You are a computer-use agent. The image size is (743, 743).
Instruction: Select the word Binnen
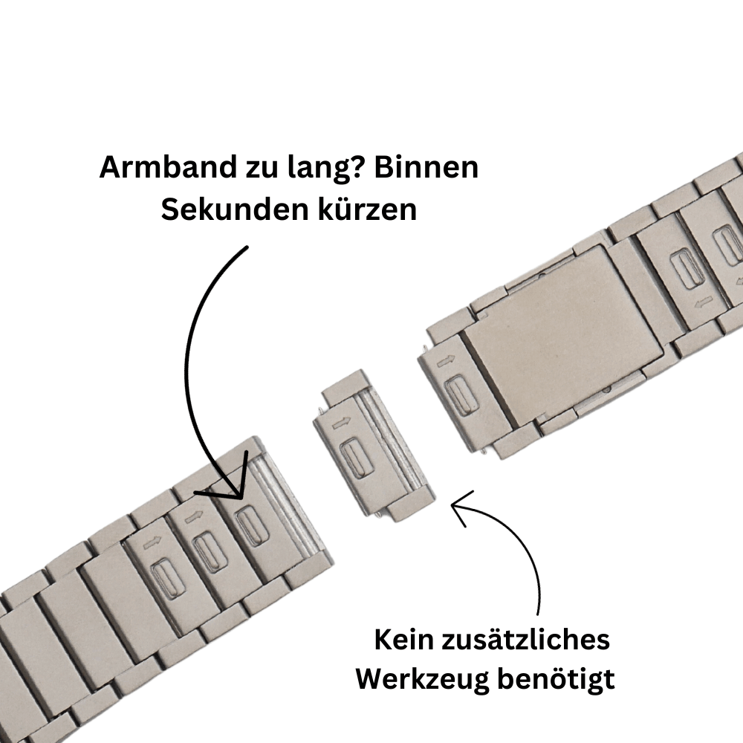point(426,167)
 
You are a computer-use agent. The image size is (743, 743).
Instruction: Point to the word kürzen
point(368,209)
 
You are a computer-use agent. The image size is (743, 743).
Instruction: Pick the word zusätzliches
point(526,640)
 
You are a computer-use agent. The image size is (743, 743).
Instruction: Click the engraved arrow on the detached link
point(341,423)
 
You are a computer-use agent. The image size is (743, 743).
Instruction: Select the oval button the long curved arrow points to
point(253,525)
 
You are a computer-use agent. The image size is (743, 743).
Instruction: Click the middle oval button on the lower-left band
point(210,553)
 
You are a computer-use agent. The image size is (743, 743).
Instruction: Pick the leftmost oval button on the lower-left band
point(168,579)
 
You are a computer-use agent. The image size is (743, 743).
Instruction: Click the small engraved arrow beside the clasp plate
point(445,362)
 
